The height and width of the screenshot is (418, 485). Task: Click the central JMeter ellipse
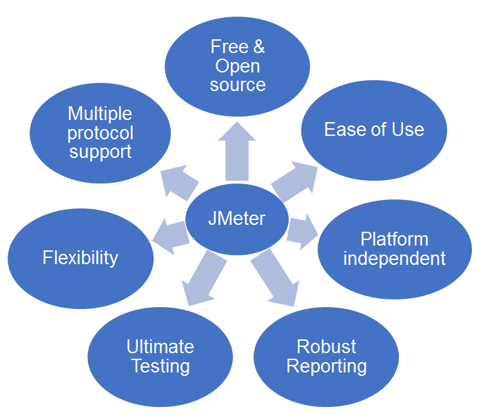click(x=237, y=219)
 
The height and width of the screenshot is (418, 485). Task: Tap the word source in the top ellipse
click(x=238, y=85)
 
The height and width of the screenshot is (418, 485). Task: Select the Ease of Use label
click(x=374, y=130)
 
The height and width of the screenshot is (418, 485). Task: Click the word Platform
click(x=395, y=239)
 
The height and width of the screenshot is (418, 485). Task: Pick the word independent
click(x=395, y=259)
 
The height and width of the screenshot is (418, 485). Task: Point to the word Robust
click(x=327, y=346)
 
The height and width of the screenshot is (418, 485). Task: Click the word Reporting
click(x=327, y=366)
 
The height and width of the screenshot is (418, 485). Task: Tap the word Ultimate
click(x=161, y=346)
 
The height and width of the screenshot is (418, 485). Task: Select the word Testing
click(x=161, y=366)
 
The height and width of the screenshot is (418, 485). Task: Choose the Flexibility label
click(x=81, y=258)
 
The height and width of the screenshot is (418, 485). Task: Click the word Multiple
click(x=100, y=113)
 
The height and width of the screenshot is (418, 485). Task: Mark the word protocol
click(x=100, y=132)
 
